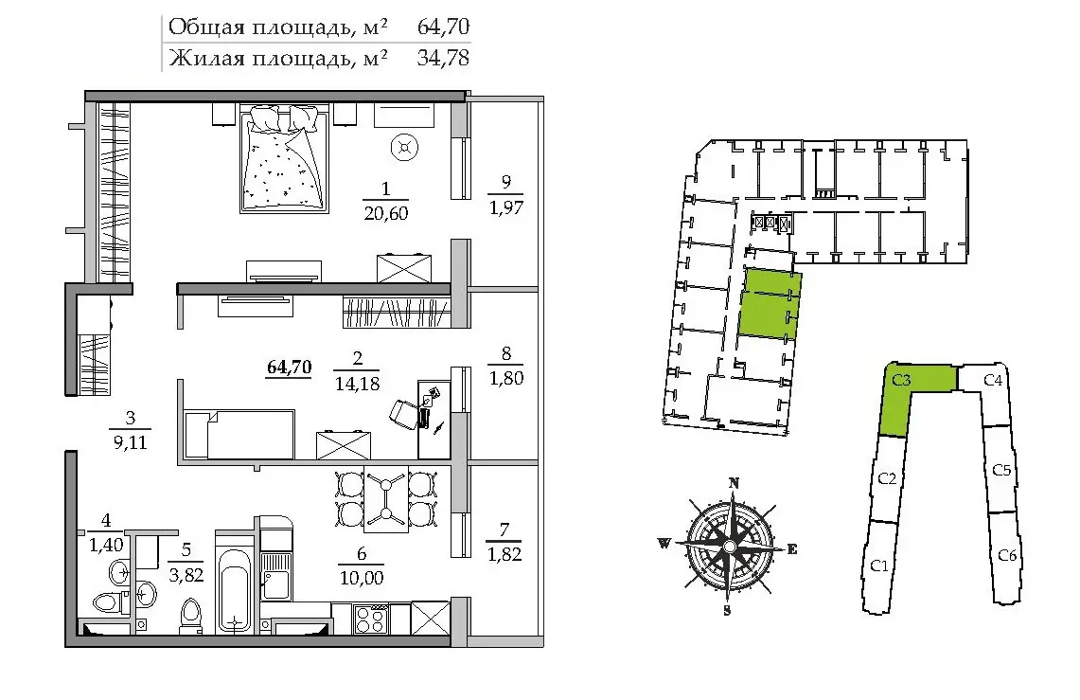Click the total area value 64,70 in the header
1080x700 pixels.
pyautogui.click(x=443, y=27)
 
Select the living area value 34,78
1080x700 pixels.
pyautogui.click(x=443, y=57)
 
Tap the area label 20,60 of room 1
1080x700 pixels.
pyautogui.click(x=386, y=213)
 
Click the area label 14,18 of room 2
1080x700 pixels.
pyautogui.click(x=357, y=383)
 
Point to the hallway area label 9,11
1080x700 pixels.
pyautogui.click(x=131, y=441)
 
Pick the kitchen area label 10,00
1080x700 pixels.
pyautogui.click(x=362, y=578)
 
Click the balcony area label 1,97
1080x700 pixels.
pyautogui.click(x=506, y=206)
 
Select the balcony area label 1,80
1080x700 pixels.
pyautogui.click(x=506, y=378)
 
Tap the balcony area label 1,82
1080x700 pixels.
pyautogui.click(x=505, y=553)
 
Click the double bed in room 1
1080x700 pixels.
pyautogui.click(x=282, y=158)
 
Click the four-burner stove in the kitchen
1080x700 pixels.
pyautogui.click(x=370, y=618)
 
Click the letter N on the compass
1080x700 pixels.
pyautogui.click(x=735, y=483)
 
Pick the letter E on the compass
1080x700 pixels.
pyautogui.click(x=792, y=549)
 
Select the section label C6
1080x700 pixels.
pyautogui.click(x=1008, y=555)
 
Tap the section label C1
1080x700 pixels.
pyautogui.click(x=879, y=565)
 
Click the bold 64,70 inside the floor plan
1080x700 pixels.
pyautogui.click(x=290, y=368)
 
